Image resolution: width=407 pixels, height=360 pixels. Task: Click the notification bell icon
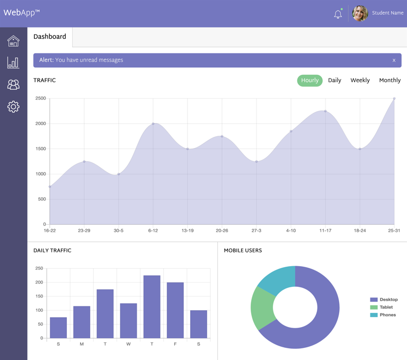[338, 14]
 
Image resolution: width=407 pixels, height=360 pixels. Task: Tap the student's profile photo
[360, 13]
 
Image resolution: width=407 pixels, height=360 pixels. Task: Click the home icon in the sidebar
[13, 41]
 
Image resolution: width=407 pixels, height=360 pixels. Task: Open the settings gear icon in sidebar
[13, 107]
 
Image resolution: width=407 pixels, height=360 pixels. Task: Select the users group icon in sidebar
[13, 84]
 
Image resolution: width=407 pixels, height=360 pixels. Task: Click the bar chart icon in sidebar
[13, 63]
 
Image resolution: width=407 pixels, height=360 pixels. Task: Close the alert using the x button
[394, 60]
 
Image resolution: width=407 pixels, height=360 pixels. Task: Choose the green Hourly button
[309, 81]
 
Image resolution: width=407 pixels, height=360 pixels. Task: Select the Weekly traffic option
[360, 81]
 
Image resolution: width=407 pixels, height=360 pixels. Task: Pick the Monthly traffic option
[390, 81]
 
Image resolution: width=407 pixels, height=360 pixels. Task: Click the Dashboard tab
[50, 37]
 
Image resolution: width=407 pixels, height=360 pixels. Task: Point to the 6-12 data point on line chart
[153, 124]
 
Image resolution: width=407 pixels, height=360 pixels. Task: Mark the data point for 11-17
[325, 111]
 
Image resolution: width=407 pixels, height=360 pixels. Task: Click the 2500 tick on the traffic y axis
[40, 99]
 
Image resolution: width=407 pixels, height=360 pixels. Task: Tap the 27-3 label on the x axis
[256, 231]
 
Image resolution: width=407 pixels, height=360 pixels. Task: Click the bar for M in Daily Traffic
[82, 322]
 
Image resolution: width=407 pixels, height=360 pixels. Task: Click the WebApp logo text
[22, 13]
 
